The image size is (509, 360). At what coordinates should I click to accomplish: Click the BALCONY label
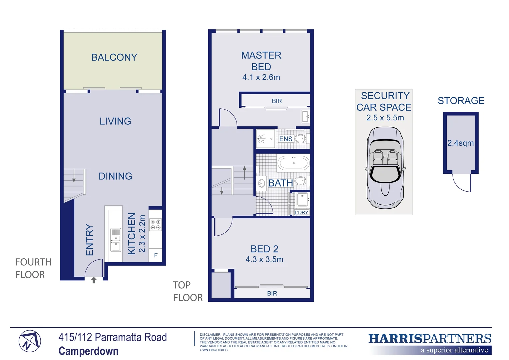click(114, 57)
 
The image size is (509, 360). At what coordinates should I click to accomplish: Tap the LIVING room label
click(115, 121)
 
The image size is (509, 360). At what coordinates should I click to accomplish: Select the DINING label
click(115, 176)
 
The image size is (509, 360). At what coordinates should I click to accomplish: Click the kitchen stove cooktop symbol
click(155, 224)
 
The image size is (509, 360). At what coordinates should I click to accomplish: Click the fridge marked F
click(156, 255)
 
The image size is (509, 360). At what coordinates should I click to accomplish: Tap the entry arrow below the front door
click(94, 280)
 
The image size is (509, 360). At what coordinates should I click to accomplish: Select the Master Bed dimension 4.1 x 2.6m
click(261, 77)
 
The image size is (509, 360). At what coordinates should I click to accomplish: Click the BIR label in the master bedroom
click(276, 101)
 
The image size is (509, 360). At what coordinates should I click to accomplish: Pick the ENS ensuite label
click(285, 139)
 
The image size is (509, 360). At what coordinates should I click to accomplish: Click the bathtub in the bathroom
click(293, 163)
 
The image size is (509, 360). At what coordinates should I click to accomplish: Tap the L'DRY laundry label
click(301, 212)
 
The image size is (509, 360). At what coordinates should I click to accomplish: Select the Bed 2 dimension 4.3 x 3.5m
click(264, 259)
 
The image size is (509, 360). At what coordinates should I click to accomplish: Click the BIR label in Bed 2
click(272, 293)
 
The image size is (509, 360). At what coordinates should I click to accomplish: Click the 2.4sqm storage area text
click(460, 143)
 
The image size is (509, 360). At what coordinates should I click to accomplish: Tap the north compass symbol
click(30, 341)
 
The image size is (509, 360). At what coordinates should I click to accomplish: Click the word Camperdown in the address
click(89, 351)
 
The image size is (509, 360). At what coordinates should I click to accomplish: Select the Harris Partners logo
click(430, 343)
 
